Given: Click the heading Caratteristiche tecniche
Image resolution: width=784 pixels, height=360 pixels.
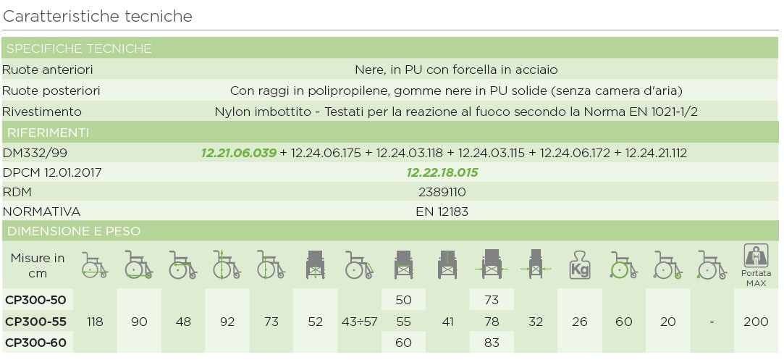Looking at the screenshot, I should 98,16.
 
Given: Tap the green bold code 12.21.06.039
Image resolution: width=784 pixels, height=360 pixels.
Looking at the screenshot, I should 239,153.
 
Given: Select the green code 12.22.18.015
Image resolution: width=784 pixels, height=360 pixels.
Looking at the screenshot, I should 442,172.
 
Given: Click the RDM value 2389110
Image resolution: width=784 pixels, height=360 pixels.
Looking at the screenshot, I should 442,192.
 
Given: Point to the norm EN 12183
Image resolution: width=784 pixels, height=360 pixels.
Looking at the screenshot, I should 442,212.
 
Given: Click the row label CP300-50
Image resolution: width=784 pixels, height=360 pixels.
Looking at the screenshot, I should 35,300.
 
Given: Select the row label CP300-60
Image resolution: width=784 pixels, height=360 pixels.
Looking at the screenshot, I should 35,342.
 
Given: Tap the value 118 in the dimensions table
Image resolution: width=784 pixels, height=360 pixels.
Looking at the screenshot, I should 95,322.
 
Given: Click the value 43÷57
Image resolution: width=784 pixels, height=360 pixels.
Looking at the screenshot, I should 359,322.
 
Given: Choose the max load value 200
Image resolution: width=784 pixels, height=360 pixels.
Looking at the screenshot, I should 756,322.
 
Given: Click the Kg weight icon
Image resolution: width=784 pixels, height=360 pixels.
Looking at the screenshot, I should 579,264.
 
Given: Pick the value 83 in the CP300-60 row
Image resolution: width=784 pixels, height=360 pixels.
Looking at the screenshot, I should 491,342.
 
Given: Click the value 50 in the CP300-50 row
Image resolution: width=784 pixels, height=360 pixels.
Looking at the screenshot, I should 403,300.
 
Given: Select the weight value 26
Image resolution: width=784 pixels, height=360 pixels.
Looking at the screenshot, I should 579,322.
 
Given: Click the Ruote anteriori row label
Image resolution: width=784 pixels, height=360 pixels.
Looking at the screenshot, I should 48,70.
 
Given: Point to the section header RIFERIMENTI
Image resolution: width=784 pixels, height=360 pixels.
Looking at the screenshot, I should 48,133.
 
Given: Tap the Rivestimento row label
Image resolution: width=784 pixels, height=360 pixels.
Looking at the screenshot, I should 42,112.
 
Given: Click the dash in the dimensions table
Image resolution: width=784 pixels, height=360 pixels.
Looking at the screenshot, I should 712,322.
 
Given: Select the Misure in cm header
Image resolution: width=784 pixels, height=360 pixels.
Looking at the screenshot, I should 38,265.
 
